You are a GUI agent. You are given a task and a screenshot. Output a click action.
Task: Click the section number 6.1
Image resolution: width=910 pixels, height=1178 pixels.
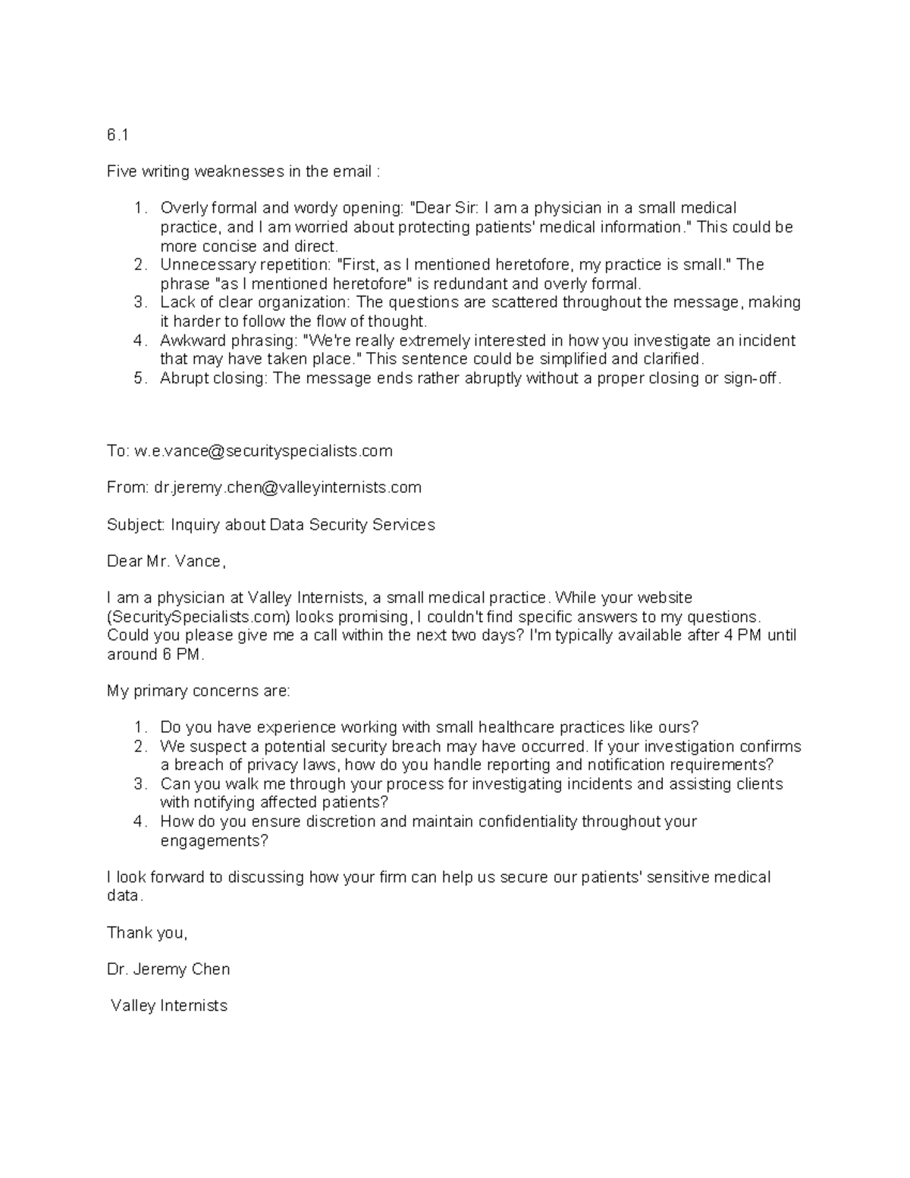(118, 135)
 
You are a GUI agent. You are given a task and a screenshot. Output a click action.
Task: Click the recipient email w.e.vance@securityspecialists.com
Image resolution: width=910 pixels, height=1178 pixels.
(263, 451)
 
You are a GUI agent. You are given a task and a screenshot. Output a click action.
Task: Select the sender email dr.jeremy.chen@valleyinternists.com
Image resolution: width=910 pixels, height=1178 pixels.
(287, 488)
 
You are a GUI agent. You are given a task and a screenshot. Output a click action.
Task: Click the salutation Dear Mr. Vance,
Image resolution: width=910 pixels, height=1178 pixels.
(166, 561)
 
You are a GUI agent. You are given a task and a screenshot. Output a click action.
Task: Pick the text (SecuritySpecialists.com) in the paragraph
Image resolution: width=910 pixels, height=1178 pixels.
(199, 617)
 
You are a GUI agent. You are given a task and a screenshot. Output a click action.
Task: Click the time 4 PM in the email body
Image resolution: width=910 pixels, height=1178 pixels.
(744, 636)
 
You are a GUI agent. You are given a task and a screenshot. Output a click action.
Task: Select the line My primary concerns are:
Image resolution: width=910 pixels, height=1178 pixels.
(198, 691)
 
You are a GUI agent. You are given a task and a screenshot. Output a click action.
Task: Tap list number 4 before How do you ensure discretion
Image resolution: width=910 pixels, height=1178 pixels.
(139, 821)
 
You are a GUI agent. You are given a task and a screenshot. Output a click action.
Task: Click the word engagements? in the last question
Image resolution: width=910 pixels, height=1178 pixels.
(214, 840)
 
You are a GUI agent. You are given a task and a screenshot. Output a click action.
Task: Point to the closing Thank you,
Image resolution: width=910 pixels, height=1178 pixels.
(146, 933)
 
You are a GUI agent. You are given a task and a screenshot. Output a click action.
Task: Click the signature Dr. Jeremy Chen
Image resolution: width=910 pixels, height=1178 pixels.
(168, 969)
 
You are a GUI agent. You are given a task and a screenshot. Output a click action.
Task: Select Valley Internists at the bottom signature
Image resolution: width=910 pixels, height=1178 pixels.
(168, 1006)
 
